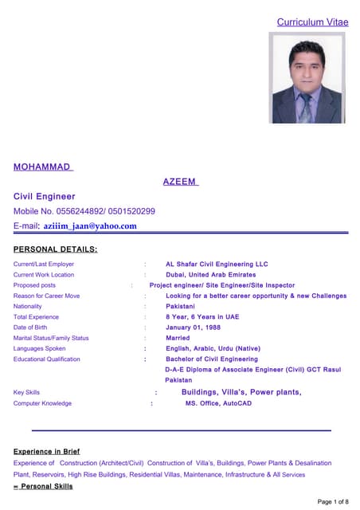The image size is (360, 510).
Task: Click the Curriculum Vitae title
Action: (312, 22)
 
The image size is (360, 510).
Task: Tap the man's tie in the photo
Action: (304, 108)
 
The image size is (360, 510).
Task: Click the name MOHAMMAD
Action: (42, 167)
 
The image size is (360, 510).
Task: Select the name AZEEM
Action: (181, 182)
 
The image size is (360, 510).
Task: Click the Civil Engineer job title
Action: (45, 196)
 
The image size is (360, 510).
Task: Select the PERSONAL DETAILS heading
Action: (56, 249)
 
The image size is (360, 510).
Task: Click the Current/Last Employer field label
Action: (44, 264)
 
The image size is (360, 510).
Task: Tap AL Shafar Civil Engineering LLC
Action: (217, 264)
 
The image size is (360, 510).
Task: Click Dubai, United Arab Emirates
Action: (211, 275)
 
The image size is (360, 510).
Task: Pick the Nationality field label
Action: (28, 306)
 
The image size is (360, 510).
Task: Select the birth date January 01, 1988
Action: (194, 328)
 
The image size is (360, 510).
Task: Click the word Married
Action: (178, 338)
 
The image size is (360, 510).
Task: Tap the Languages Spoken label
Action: (40, 348)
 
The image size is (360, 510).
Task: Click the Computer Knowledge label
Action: (42, 403)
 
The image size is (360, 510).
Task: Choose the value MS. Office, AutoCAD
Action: (218, 403)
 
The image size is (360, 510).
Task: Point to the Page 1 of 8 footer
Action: (333, 501)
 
